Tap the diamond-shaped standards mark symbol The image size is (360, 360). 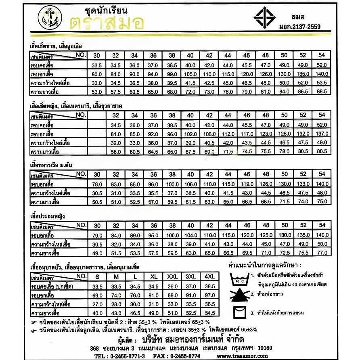point(264,18)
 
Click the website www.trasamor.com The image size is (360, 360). point(242,356)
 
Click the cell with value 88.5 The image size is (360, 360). point(322,92)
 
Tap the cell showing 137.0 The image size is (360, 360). point(322,134)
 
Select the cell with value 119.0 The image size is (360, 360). point(247,184)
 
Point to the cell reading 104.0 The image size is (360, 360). point(190,235)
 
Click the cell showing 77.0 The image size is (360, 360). point(322,253)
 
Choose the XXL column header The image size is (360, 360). point(172,277)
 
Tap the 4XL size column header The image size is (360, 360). point(209,277)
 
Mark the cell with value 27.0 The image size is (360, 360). point(97,304)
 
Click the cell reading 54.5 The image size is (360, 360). point(209,313)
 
